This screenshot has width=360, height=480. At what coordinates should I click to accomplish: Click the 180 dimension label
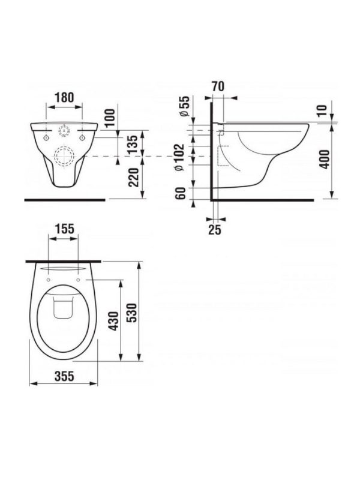(65, 98)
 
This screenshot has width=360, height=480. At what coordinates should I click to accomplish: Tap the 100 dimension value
(110, 117)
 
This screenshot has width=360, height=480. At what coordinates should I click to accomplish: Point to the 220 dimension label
(133, 177)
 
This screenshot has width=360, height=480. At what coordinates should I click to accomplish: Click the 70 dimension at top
(218, 86)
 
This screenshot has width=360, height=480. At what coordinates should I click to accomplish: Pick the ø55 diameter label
(185, 106)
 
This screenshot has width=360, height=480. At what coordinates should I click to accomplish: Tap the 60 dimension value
(181, 193)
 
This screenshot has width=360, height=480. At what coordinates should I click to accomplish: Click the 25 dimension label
(215, 230)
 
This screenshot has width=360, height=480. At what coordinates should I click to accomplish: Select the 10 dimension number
(322, 110)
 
